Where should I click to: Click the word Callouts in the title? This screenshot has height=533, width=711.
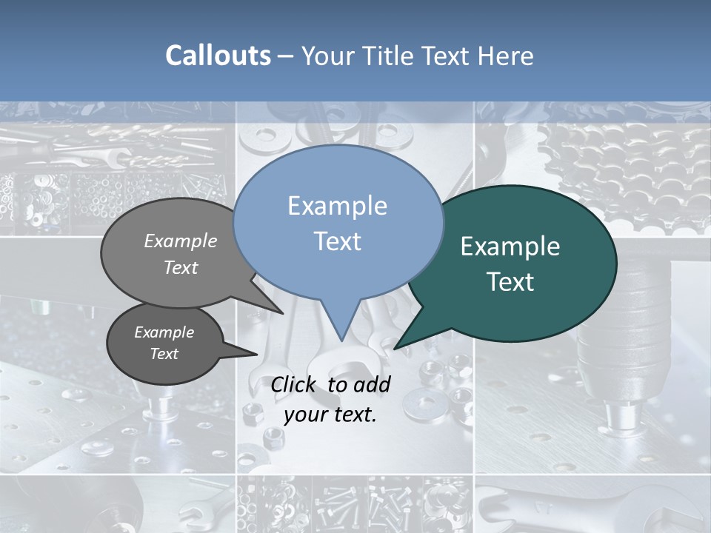click(x=218, y=56)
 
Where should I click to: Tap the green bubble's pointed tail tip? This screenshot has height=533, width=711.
click(x=395, y=349)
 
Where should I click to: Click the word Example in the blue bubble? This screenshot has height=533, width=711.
click(x=337, y=206)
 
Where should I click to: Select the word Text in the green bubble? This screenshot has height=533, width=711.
click(x=510, y=282)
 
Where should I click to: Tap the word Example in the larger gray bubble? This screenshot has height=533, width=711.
click(x=181, y=241)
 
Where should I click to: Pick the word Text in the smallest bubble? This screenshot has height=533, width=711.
click(x=164, y=354)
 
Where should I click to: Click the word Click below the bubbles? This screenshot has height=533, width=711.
click(x=295, y=384)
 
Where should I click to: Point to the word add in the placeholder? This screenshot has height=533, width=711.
click(x=372, y=384)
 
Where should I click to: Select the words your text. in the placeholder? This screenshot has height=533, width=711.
click(x=330, y=415)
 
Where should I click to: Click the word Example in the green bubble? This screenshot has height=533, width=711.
click(x=510, y=247)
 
